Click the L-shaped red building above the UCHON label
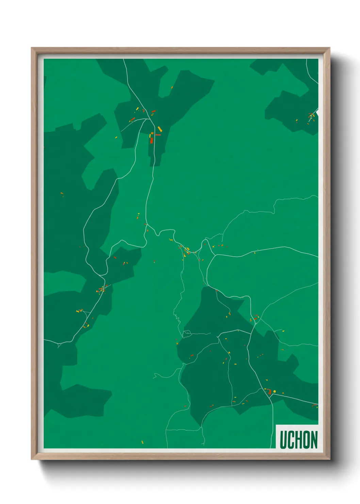(x=269, y=391)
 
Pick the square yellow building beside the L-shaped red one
(x=274, y=392)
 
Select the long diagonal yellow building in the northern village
(x=160, y=129)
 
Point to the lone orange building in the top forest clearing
(x=172, y=88)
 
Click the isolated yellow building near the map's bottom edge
(x=142, y=442)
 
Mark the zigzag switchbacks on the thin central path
(x=177, y=318)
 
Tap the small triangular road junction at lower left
(x=60, y=345)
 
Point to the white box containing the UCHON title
(x=297, y=437)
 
